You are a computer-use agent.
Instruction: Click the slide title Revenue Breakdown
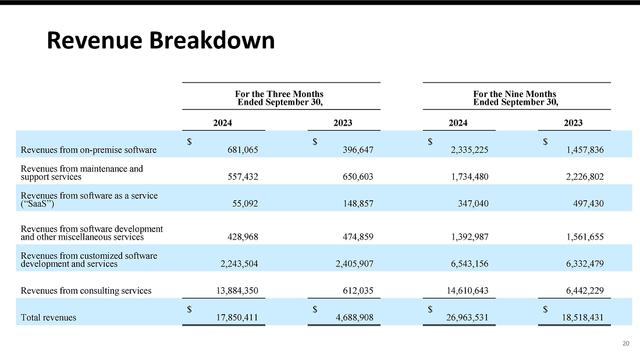[x=161, y=40]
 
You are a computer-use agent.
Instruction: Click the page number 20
[x=625, y=343]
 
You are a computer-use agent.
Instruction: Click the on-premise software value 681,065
[x=243, y=150]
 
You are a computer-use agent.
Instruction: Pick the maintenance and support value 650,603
[x=358, y=177]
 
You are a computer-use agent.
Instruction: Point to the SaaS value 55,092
[x=246, y=204]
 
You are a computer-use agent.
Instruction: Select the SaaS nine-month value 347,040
[x=473, y=204]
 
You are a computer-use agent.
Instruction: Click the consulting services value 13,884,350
[x=237, y=291]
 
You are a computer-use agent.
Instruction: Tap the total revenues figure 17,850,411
[x=237, y=318]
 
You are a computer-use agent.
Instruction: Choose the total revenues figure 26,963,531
[x=467, y=318]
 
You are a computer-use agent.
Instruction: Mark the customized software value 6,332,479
[x=585, y=263]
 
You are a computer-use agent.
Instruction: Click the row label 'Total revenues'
[x=48, y=318]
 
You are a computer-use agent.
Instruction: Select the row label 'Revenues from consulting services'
[x=86, y=291]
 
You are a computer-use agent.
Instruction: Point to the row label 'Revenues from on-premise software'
[x=88, y=150]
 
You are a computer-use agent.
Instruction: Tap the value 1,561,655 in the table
[x=585, y=237]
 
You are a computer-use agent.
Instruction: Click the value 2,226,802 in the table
[x=585, y=177]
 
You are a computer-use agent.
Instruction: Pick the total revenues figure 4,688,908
[x=355, y=318]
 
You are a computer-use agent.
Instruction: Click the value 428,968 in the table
[x=243, y=237]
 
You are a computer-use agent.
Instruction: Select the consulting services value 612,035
[x=358, y=291]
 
